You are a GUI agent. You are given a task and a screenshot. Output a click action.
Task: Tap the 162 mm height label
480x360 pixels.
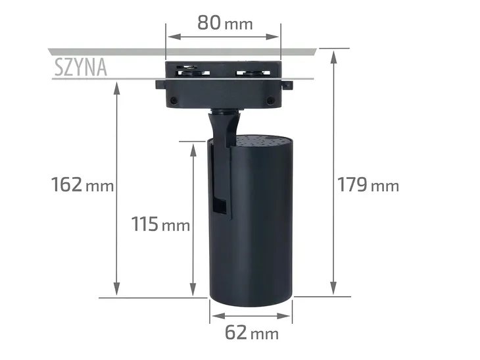(x=83, y=185)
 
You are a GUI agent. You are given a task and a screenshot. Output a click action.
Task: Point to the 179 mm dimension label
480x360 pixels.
(x=368, y=185)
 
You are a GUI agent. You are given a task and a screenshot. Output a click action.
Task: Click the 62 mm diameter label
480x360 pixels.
(x=251, y=333)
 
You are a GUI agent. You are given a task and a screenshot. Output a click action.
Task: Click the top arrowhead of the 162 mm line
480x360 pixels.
(x=117, y=88)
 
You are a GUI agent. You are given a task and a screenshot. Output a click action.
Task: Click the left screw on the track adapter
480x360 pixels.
(x=173, y=101)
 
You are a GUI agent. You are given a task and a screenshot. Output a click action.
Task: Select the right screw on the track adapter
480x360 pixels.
(x=269, y=100)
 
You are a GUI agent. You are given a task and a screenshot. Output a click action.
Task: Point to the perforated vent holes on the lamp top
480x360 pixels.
(x=263, y=140)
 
